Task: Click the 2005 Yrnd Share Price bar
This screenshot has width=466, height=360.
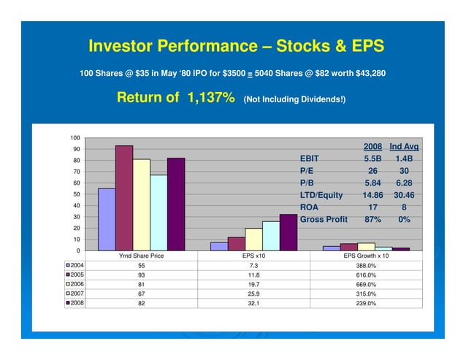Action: point(124,198)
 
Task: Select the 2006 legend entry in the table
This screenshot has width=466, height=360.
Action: point(75,284)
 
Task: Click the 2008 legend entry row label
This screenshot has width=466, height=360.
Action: point(75,302)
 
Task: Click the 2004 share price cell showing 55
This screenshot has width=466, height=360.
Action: point(140,267)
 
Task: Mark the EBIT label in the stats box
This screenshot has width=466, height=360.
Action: point(309,158)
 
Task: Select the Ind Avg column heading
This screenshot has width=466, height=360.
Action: point(404,146)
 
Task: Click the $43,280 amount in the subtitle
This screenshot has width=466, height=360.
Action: point(365,74)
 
